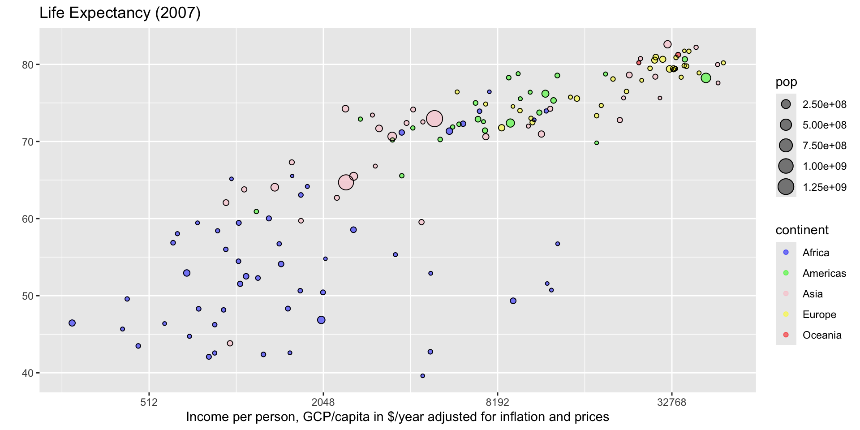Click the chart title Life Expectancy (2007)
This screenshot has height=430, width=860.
tap(120, 13)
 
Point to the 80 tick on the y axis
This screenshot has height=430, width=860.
tap(28, 64)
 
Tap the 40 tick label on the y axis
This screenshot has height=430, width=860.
tap(28, 373)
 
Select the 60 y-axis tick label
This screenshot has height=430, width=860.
tap(28, 219)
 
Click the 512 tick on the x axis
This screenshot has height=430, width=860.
tap(149, 402)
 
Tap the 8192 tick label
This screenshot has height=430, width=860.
tap(497, 402)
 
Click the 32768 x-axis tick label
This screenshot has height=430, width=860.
tap(671, 402)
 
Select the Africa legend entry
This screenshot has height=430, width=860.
tap(815, 253)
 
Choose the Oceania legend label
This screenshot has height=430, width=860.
tap(821, 335)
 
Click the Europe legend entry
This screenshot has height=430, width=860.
tap(819, 314)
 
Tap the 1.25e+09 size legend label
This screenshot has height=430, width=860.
tap(824, 187)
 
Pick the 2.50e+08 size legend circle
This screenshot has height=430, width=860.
tap(786, 104)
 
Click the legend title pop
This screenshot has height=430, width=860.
tap(786, 82)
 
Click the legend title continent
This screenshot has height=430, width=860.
tap(802, 230)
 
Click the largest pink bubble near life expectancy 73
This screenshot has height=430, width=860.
tap(434, 119)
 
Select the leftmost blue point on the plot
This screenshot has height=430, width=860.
tap(72, 323)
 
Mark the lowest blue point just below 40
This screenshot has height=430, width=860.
tap(422, 376)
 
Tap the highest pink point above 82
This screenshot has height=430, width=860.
tap(667, 44)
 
